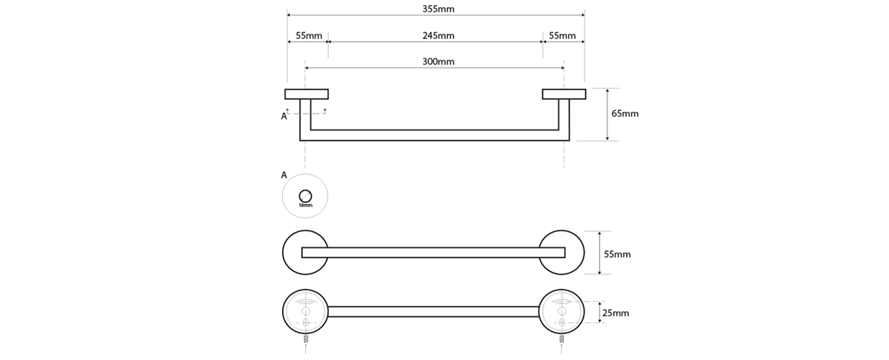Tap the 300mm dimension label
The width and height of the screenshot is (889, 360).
[438, 61]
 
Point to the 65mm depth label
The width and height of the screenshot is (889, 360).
[625, 114]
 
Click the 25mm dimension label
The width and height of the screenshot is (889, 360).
[616, 313]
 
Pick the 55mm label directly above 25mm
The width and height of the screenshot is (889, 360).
[617, 254]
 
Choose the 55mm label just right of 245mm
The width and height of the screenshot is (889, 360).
[562, 36]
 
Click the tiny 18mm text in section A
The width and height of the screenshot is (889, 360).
[306, 204]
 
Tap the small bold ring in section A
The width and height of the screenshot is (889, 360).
[305, 196]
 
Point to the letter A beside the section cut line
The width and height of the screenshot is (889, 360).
[284, 116]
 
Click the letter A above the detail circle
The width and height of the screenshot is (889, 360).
[284, 176]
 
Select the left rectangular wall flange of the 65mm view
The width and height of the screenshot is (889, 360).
[307, 94]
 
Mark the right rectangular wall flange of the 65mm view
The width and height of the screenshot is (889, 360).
[564, 94]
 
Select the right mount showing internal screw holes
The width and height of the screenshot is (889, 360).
[564, 311]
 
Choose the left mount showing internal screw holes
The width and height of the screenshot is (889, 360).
[306, 311]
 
